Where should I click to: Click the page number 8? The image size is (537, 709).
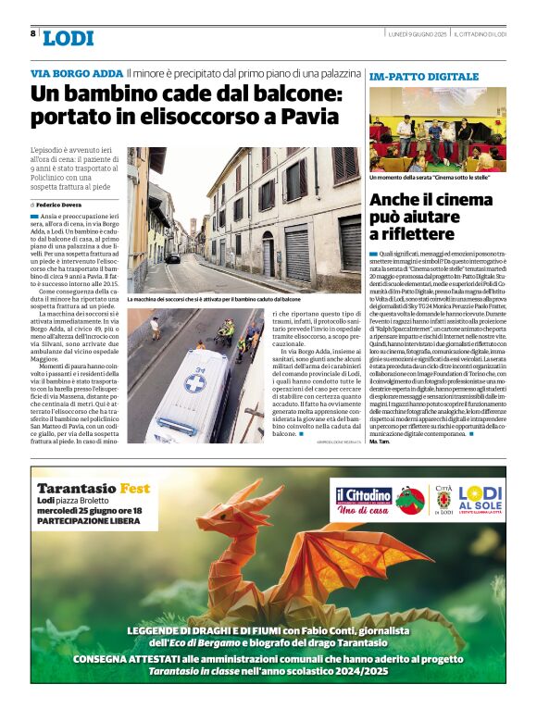pyautogui.click(x=34, y=33)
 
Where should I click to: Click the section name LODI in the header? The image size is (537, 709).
pyautogui.click(x=68, y=38)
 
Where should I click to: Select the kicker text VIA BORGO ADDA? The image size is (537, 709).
pyautogui.click(x=76, y=72)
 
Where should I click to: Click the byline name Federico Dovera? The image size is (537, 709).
pyautogui.click(x=61, y=204)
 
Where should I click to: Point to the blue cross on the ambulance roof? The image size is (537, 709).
pyautogui.click(x=195, y=382)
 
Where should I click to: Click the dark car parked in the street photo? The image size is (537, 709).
pyautogui.click(x=173, y=258)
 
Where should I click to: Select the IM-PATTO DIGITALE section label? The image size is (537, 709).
pyautogui.click(x=423, y=76)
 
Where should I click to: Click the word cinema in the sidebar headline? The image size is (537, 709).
pyautogui.click(x=466, y=199)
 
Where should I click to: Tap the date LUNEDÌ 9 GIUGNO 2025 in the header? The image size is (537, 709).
pyautogui.click(x=418, y=33)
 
